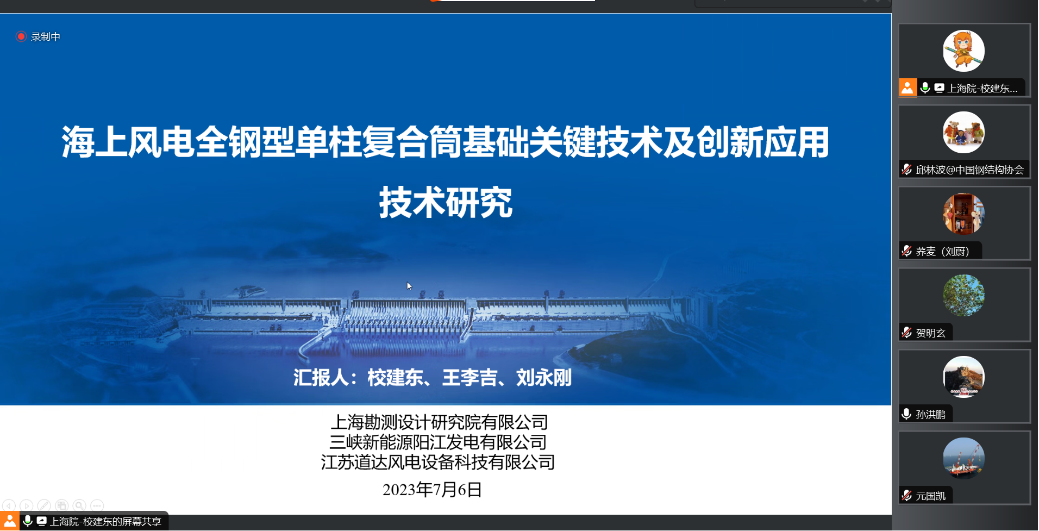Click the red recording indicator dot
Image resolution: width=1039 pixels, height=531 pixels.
click(x=21, y=36)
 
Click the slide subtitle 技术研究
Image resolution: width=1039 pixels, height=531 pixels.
click(x=446, y=202)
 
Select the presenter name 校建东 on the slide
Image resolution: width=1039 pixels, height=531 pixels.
click(x=395, y=377)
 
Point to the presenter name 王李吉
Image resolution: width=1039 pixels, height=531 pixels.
click(x=470, y=377)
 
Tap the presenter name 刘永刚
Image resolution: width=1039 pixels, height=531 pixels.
click(x=544, y=377)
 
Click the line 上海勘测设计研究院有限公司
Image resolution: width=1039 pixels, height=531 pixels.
click(x=439, y=422)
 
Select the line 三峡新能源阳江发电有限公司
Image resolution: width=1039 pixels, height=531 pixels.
click(x=438, y=442)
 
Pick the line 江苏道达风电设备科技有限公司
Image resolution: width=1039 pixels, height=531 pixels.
click(x=438, y=462)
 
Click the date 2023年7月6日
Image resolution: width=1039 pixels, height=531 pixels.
click(x=432, y=489)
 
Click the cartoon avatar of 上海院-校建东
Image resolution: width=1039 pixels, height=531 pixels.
click(x=963, y=51)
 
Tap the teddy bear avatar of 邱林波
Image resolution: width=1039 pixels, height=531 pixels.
click(x=963, y=132)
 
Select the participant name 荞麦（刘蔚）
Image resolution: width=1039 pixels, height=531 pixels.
click(x=943, y=251)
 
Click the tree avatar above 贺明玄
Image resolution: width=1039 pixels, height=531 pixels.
click(x=963, y=295)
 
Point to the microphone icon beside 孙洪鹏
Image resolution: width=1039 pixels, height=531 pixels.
click(x=906, y=414)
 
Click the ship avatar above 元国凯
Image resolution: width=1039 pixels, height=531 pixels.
click(x=963, y=458)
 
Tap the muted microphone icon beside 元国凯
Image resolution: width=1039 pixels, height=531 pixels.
click(x=906, y=495)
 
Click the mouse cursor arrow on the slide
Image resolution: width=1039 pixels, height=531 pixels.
click(x=409, y=286)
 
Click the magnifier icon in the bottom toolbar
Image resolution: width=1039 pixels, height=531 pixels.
click(x=79, y=505)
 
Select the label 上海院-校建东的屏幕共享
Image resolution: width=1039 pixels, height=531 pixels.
click(x=105, y=521)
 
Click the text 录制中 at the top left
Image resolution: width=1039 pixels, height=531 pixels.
click(x=46, y=36)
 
